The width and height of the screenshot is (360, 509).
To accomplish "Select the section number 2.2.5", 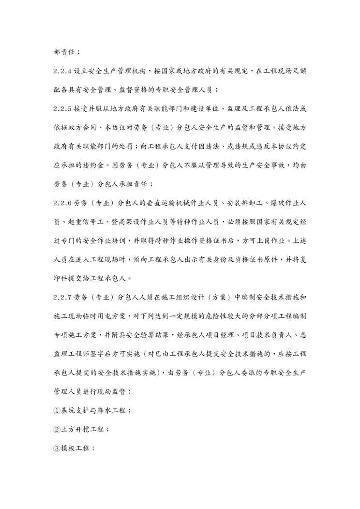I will point(63,108).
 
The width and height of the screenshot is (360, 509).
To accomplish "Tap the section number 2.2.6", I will point(63,202).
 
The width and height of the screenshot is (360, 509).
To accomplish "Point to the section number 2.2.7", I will point(63,296).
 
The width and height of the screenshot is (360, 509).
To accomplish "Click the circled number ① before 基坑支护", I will point(57,410).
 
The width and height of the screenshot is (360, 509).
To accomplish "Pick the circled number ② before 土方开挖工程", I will point(57,429).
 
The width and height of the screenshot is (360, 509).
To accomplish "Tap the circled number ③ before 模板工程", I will point(57,448).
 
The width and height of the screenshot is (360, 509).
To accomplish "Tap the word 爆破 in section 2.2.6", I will point(255,202).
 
